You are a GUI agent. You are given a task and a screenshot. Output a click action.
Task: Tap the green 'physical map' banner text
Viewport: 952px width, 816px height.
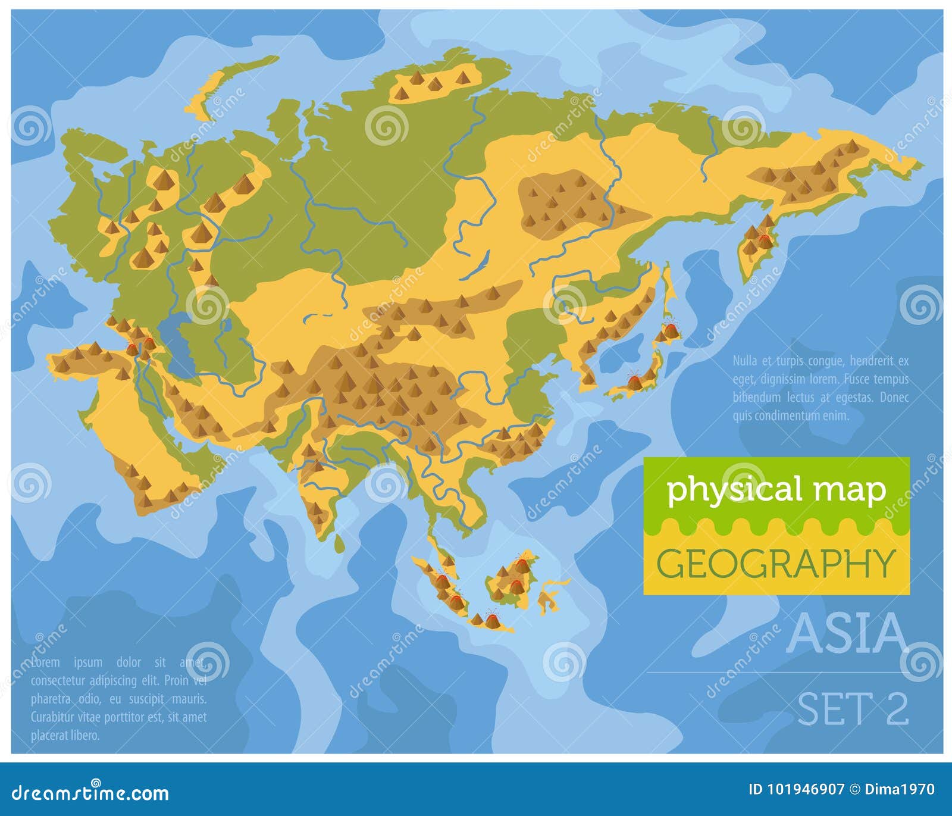(x=776, y=489)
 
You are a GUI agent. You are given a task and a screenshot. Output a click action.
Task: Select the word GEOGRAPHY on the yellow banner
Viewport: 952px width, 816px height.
(x=776, y=563)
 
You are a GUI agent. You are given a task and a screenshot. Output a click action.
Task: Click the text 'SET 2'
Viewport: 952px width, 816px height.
(x=853, y=708)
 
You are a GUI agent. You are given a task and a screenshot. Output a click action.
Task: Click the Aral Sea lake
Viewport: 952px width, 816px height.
(x=227, y=326)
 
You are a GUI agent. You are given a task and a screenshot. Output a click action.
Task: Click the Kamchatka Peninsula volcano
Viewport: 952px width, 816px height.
(x=763, y=240)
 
